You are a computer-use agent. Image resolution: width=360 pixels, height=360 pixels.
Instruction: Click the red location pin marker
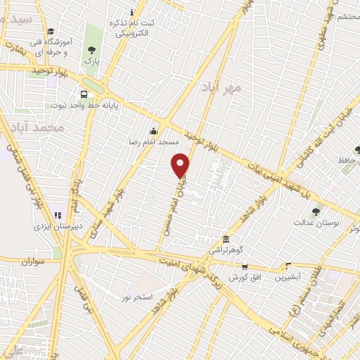coord(181,165)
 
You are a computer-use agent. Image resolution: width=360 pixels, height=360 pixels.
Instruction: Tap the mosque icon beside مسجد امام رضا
coord(154,130)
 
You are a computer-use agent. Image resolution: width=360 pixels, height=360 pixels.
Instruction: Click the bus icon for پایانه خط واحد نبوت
coord(84,94)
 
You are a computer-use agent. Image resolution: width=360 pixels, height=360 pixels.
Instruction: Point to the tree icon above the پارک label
coord(91,50)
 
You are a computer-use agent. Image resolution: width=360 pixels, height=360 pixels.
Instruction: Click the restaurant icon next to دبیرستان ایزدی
coord(58,215)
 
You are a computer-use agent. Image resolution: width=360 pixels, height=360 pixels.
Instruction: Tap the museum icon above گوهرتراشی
coord(225,239)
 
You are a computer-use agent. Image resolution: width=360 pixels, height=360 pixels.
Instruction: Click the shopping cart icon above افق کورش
coord(245,266)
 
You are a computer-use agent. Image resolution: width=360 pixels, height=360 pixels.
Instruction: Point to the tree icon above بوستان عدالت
coord(315,211)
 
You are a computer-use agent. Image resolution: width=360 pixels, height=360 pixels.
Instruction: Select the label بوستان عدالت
coord(315,222)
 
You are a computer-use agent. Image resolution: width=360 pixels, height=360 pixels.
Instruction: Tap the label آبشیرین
coord(288,277)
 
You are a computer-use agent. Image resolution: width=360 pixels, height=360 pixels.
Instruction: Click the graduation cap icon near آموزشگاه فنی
coord(50,31)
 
